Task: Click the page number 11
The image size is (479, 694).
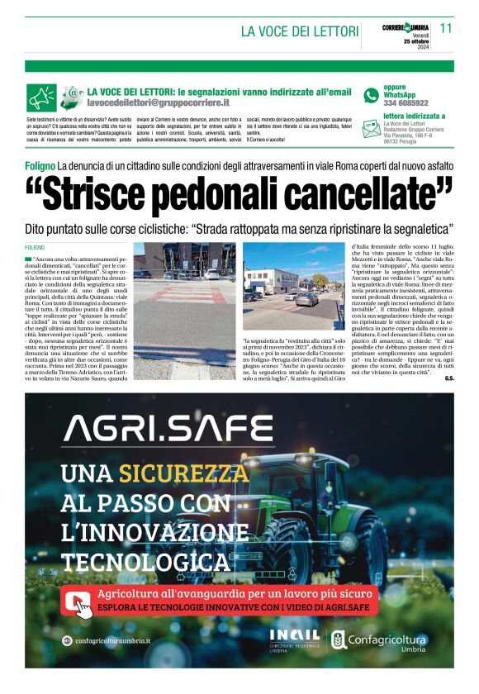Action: click(446, 27)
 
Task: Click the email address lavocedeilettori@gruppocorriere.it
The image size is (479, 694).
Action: click(158, 104)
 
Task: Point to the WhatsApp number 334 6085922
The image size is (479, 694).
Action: click(405, 103)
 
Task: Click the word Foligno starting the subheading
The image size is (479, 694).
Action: click(40, 166)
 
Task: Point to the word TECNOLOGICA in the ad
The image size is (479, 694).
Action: click(145, 563)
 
